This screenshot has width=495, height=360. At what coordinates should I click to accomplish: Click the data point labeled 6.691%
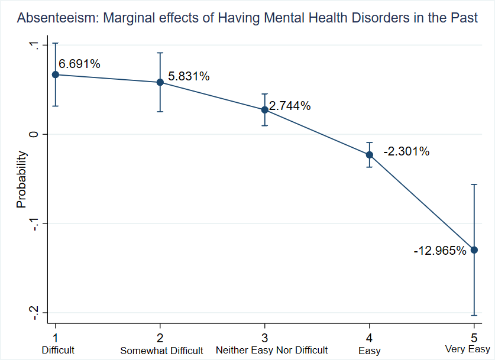tap(55, 74)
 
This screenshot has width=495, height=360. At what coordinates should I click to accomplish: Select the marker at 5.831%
tap(160, 82)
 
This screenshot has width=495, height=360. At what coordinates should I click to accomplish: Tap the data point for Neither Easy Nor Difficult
tap(264, 110)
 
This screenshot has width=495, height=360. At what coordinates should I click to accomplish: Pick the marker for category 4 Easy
tap(370, 155)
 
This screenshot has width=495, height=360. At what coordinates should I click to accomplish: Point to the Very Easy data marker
tap(474, 250)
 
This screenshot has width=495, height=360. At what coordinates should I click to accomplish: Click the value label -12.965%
tap(440, 251)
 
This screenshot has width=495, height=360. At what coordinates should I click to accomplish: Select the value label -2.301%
tap(406, 152)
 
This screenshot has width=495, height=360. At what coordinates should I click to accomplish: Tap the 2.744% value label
tap(290, 106)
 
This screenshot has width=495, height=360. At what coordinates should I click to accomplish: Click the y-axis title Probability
tap(22, 180)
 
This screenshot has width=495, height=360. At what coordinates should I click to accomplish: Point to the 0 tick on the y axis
tap(34, 134)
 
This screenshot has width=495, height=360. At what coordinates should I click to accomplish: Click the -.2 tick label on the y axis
tap(34, 314)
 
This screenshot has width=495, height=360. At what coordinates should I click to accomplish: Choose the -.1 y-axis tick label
tap(34, 225)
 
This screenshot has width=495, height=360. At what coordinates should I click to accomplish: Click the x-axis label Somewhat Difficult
tap(161, 351)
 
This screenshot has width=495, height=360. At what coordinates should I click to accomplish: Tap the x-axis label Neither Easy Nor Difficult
tap(271, 351)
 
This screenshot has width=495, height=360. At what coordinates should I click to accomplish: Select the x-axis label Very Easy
tap(467, 350)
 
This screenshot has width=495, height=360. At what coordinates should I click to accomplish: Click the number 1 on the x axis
tap(55, 338)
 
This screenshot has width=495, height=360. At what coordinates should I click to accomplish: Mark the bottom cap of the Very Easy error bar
tap(474, 315)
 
